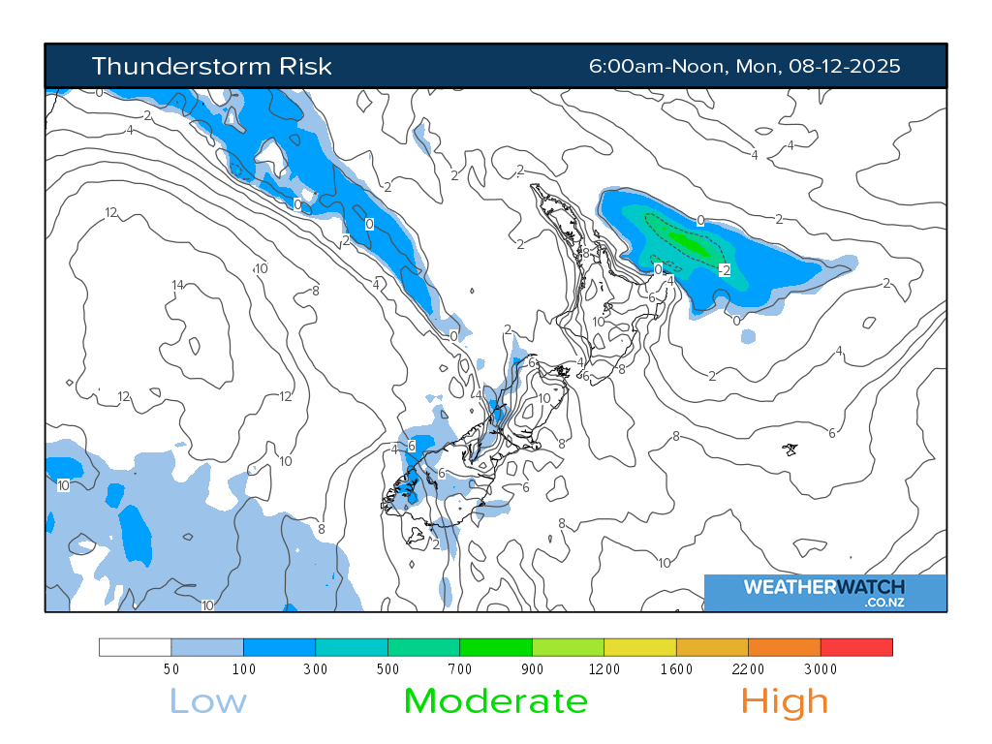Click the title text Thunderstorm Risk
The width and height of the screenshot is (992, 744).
(211, 66)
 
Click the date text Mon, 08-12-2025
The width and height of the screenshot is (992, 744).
(819, 66)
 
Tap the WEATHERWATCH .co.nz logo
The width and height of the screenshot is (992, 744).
(824, 592)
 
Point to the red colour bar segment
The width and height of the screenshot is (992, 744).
(856, 646)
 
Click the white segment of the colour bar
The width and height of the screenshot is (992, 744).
(135, 646)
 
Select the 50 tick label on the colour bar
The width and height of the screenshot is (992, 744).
(170, 668)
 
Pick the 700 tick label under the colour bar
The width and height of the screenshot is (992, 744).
(459, 668)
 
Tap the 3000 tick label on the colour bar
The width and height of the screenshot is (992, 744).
(820, 668)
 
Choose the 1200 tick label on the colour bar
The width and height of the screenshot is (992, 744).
(604, 668)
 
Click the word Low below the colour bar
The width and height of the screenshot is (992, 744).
(207, 700)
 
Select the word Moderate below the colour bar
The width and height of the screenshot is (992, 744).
(495, 700)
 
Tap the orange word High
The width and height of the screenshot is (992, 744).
(785, 700)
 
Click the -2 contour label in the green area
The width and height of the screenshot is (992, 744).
(724, 269)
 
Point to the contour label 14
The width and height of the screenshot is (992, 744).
(177, 285)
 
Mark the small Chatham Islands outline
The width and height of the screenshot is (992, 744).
(790, 449)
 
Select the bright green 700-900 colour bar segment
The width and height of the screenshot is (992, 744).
(495, 646)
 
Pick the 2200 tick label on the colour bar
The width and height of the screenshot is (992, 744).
(748, 668)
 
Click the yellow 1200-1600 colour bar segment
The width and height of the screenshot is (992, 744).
(639, 646)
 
